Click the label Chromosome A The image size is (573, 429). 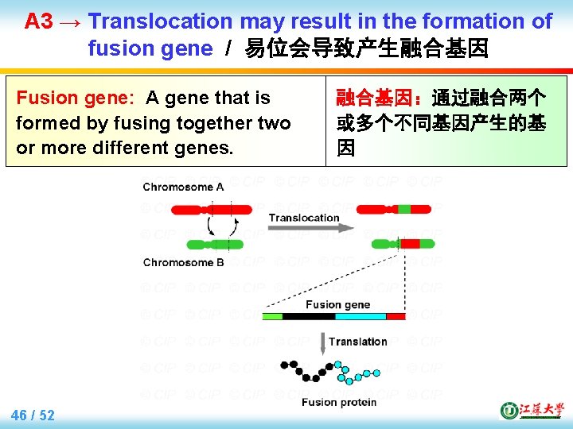[x=183, y=187]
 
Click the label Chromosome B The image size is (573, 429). [x=183, y=262]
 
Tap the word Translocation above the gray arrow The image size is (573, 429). [x=303, y=218]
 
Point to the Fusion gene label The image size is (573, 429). [x=337, y=304]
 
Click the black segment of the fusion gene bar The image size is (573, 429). [x=308, y=316]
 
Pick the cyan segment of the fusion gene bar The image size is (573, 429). [x=360, y=316]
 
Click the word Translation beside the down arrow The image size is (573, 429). [x=358, y=342]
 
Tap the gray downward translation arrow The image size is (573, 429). [x=322, y=343]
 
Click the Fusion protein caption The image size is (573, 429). [x=339, y=403]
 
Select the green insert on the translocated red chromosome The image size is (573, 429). [x=404, y=209]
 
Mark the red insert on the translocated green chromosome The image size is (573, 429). [x=409, y=243]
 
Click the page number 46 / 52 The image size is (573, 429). [x=33, y=415]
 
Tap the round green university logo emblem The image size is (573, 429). [x=508, y=410]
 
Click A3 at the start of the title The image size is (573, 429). [x=38, y=21]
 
